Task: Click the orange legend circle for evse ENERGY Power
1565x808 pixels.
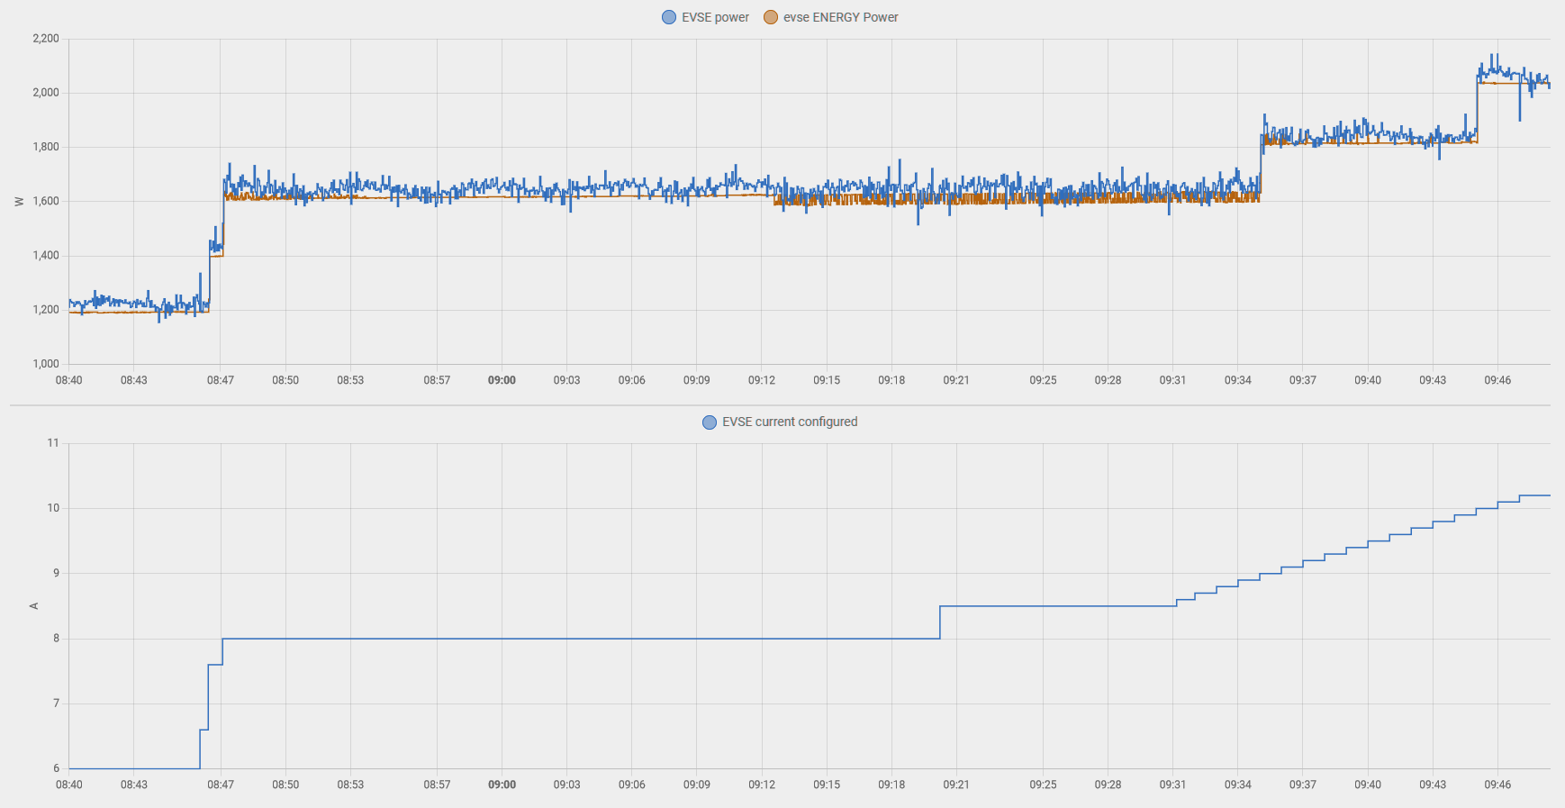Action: [x=771, y=17]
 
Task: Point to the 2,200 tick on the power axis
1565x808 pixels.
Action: [x=46, y=39]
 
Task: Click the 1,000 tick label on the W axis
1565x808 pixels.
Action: [x=46, y=364]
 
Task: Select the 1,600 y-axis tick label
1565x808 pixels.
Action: [x=46, y=202]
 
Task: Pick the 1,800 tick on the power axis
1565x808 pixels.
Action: [x=46, y=147]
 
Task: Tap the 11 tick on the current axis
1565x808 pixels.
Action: [x=53, y=443]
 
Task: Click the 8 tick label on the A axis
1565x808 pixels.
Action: [x=56, y=639]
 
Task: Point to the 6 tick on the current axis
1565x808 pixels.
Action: [x=56, y=768]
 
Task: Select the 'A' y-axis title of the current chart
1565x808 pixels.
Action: [x=34, y=606]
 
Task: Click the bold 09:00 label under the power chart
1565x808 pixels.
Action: [x=502, y=380]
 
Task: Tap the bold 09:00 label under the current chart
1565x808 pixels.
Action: [x=502, y=785]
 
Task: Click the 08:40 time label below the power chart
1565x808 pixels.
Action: [x=69, y=380]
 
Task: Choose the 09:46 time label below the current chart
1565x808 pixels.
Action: [x=1497, y=785]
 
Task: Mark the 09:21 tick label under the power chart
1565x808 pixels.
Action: [x=956, y=380]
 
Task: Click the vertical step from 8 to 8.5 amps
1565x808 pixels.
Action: [x=940, y=622]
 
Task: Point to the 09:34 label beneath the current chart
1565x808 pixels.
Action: [x=1237, y=785]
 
